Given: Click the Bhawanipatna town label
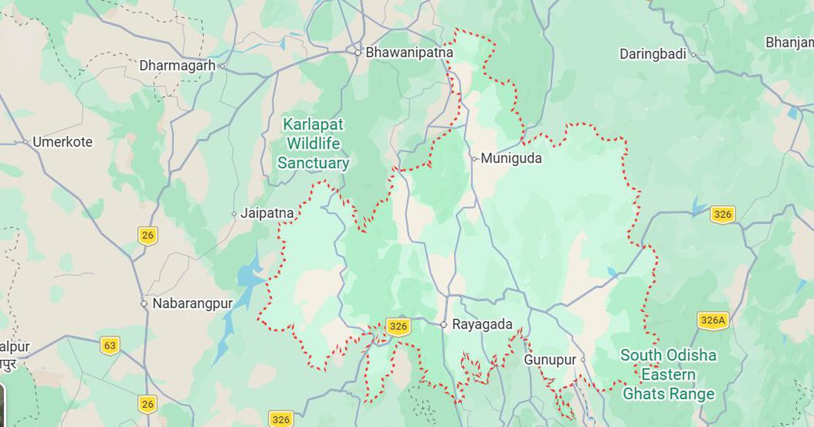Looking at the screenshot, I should [409, 52].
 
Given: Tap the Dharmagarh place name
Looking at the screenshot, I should [177, 66].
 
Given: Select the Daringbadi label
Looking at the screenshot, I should [653, 54].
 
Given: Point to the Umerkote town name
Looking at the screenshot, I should [62, 142].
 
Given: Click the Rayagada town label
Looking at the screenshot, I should [482, 325].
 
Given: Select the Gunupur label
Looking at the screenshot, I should [549, 360].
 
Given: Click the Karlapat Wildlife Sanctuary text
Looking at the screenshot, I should [313, 144].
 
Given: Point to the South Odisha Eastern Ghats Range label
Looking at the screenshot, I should [669, 374].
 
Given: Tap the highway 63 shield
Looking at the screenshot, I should [110, 345].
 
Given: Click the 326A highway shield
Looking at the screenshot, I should [712, 321].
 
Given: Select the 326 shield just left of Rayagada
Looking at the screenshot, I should [398, 327].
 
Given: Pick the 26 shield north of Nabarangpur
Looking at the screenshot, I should [147, 235].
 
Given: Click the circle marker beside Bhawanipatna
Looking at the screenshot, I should [357, 52].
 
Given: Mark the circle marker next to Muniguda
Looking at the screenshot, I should [474, 159].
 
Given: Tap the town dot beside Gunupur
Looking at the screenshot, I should [583, 360].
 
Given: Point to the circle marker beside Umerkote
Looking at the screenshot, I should [25, 142].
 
